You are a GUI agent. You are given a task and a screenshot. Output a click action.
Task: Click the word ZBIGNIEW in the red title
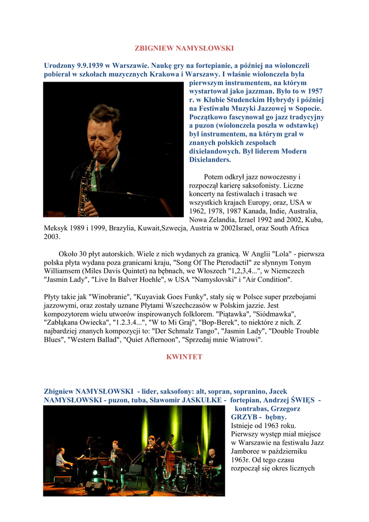153,48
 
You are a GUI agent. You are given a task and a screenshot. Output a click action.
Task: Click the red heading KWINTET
184,357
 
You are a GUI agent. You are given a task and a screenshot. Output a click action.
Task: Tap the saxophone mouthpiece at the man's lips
96,154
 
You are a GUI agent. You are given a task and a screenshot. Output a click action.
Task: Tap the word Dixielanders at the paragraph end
210,160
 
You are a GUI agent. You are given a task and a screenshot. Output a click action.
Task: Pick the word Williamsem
62,271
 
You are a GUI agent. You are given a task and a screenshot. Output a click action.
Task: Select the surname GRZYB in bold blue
244,417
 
